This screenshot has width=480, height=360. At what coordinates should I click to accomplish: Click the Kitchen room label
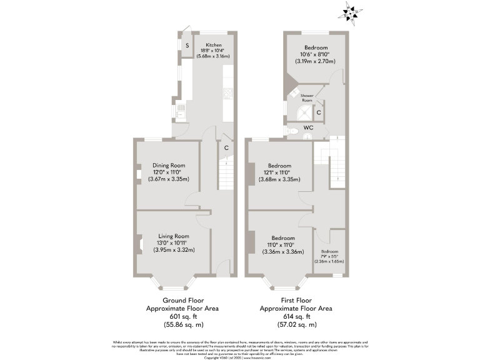(x=213, y=45)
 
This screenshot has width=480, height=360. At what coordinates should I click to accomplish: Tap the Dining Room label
(x=169, y=165)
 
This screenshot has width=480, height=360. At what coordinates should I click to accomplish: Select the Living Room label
(x=173, y=236)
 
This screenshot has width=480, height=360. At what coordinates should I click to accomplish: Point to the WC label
(x=308, y=127)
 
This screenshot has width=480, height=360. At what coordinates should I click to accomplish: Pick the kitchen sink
(x=180, y=112)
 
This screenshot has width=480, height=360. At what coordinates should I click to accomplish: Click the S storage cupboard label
(x=186, y=46)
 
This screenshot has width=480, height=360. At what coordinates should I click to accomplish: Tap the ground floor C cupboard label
(x=226, y=148)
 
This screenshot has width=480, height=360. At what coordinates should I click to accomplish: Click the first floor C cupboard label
(x=319, y=112)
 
